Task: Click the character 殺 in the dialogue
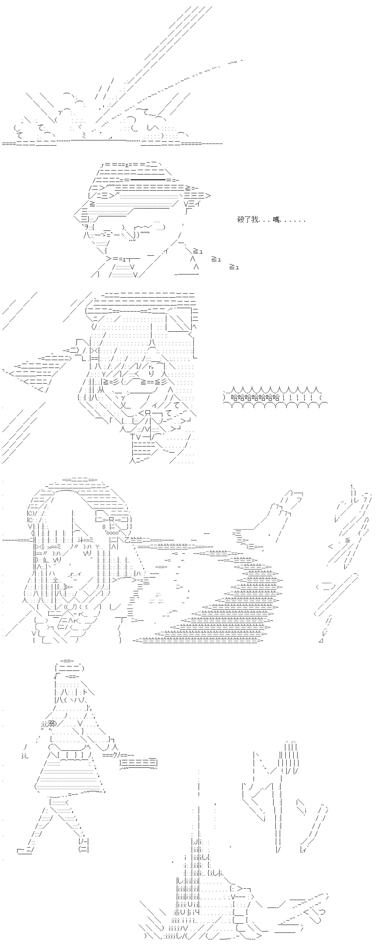click(241, 220)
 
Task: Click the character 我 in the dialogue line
click(255, 220)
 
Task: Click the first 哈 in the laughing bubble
click(235, 398)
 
